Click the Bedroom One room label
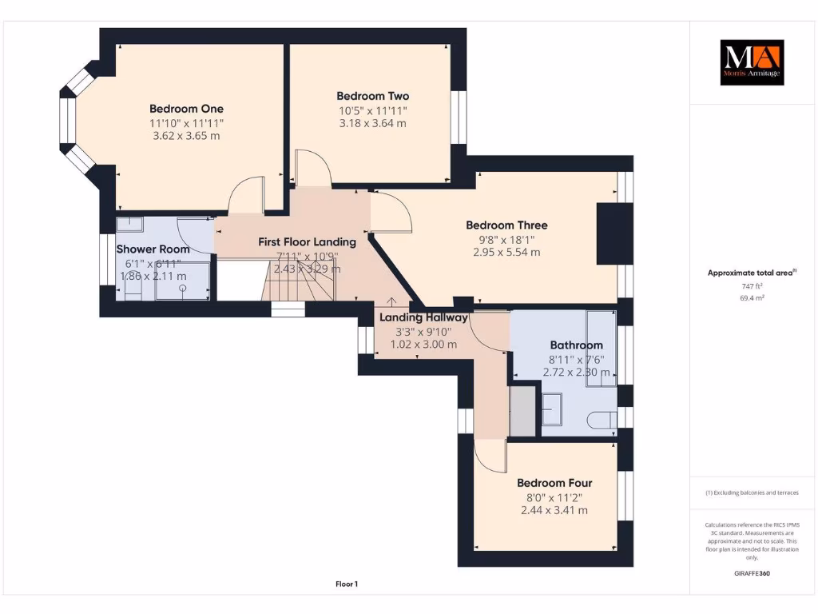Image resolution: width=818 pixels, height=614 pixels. tap(186, 109)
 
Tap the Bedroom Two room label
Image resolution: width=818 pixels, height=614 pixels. tap(372, 96)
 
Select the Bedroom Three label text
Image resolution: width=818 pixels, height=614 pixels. tap(506, 225)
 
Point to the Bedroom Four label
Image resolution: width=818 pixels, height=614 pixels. tap(554, 483)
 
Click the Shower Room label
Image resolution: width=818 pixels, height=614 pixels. tap(153, 249)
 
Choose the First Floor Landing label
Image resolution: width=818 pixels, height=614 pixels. tap(307, 241)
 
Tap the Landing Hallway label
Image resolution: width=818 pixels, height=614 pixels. tap(423, 317)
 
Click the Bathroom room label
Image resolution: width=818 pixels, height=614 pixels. tap(576, 345)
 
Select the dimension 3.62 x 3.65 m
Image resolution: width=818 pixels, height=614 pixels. tap(186, 136)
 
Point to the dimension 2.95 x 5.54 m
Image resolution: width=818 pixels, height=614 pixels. tap(506, 252)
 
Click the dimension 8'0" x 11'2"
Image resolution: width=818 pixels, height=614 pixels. tap(554, 496)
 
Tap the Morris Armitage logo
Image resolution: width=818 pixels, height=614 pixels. tap(752, 62)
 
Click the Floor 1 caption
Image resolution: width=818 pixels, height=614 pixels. tap(346, 584)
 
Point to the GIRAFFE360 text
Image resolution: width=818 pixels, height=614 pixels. tap(752, 573)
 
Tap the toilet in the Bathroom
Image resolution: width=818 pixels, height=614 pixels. tap(599, 419)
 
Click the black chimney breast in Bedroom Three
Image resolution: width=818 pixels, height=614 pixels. tap(615, 233)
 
